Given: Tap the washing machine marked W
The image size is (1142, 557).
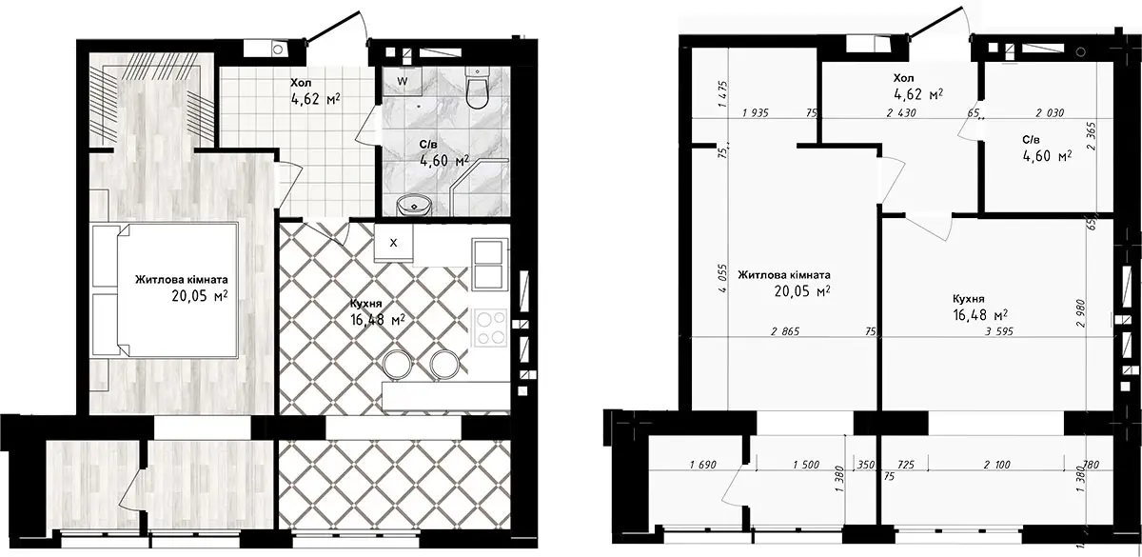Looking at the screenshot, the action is (403, 82).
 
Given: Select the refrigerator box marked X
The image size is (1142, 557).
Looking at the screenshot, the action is (393, 242).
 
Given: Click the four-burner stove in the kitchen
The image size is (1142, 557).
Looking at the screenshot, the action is (490, 328).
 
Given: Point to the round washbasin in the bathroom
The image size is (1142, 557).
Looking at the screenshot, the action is (414, 205).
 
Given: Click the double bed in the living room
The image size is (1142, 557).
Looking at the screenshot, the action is (165, 289).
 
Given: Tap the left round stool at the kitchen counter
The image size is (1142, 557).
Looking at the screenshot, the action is (395, 364).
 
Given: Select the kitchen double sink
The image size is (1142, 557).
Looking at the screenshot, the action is (489, 265).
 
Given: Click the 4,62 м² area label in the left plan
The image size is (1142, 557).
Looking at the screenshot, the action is (316, 98).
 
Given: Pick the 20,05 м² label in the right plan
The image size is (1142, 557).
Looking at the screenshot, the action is (802, 291).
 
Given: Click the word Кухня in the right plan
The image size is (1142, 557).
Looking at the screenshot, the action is (969, 299).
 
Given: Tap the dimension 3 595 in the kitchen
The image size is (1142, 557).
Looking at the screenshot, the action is (998, 331).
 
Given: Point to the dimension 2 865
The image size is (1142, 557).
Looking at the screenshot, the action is (785, 331).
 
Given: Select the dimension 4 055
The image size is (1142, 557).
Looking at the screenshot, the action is (722, 278).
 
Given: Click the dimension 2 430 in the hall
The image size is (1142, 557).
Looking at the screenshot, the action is (901, 112).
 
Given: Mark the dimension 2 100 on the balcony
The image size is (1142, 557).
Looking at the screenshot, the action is (996, 465).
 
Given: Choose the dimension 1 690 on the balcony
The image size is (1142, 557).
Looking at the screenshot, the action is (703, 465).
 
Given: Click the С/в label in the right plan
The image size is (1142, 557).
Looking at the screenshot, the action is (1031, 140).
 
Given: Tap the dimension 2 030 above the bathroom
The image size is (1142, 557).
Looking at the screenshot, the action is (1050, 112).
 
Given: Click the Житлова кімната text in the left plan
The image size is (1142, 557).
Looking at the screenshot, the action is (182, 280).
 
